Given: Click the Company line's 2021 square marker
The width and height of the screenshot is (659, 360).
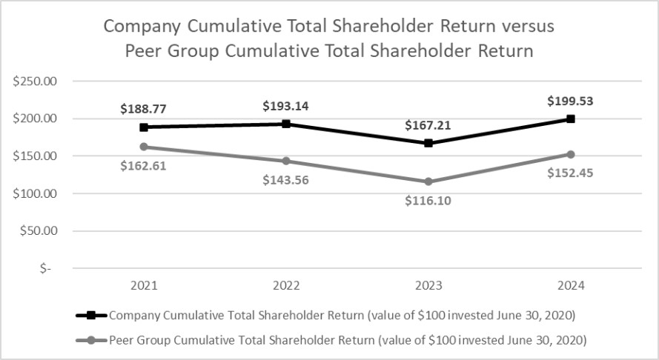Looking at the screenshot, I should tap(144, 127).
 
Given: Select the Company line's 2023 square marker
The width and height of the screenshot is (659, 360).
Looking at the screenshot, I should tap(428, 143).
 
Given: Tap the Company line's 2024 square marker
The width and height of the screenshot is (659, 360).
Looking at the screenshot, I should tap(571, 119).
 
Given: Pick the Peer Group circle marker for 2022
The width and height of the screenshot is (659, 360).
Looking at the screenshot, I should tap(286, 161).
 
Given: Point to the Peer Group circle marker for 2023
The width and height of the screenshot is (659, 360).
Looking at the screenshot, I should tap(428, 181).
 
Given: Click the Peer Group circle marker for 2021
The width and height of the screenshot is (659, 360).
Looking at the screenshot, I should tap(144, 147).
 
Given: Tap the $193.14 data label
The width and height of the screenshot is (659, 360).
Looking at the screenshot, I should tap(286, 106).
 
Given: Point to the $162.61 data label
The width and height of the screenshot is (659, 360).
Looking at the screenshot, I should tap(143, 165).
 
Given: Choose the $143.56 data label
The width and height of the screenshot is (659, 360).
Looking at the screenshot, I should tap(286, 180).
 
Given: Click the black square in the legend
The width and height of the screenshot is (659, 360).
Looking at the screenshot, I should tap(92, 315).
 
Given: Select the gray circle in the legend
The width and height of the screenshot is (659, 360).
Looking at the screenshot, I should tap(92, 341).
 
